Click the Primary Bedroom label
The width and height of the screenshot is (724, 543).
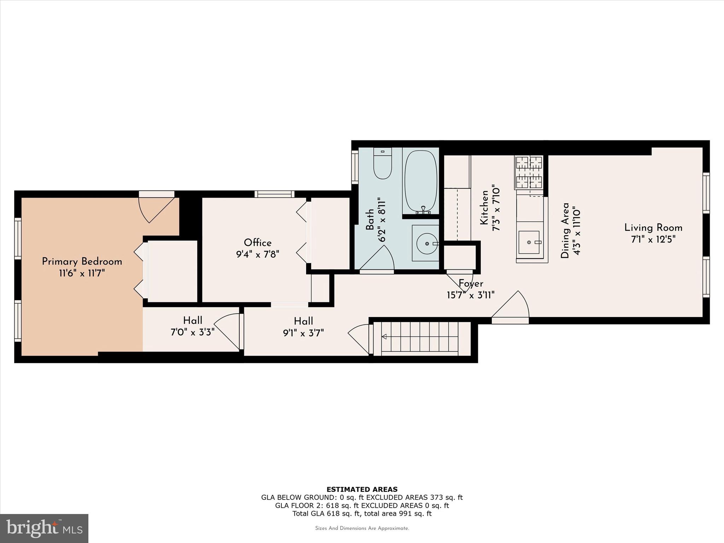82,262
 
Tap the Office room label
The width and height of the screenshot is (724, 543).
258,243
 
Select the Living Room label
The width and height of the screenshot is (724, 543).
653,228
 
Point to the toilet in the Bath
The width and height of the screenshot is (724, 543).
383,164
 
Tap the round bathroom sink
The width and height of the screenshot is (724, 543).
427,244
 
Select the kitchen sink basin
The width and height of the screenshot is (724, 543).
529,243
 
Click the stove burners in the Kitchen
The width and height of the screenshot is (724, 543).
529,173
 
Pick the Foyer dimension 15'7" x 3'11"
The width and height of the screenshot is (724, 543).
471,295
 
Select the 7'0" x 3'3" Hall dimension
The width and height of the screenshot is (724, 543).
193,332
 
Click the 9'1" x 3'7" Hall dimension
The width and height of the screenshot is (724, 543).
304,333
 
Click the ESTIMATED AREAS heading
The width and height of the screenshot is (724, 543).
362,489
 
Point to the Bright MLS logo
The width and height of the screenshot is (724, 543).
44,529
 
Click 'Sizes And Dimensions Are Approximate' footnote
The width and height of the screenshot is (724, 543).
362,528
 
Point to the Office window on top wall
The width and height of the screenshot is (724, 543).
275,194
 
